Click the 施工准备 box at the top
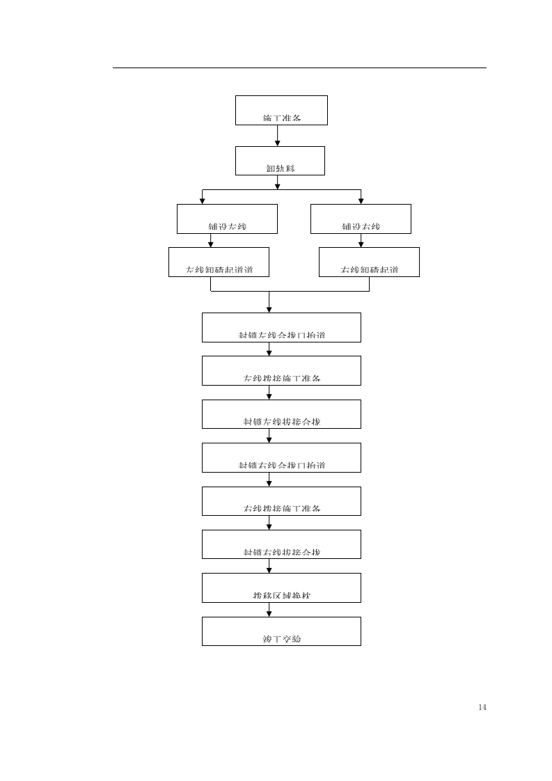point(281,110)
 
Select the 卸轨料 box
point(280,161)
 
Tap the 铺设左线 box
point(227,219)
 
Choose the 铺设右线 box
point(361,219)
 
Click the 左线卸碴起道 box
point(219,262)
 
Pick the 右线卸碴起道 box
point(369,262)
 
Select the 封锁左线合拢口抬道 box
point(281,327)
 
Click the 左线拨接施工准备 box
point(281,370)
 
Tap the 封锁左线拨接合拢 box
point(281,414)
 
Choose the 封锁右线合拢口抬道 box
point(281,457)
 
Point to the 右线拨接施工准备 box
point(281,501)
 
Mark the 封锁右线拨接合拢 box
point(281,544)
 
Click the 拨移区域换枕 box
point(281,587)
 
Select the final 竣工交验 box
point(281,631)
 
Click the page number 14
point(482,707)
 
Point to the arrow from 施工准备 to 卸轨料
point(278,136)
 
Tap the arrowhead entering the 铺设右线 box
point(361,201)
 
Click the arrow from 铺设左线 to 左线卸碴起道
point(211,241)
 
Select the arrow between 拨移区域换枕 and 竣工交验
point(269,610)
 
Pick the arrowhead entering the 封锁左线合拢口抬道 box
point(269,309)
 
